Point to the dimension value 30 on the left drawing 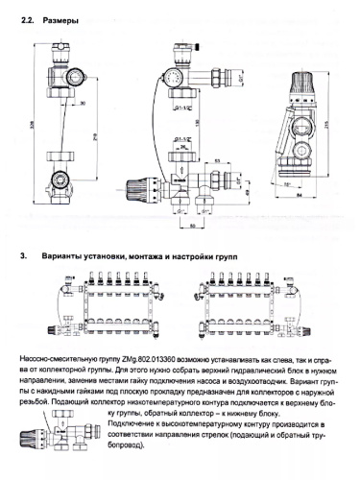tap(84, 103)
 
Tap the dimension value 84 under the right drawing tap(300, 203)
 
